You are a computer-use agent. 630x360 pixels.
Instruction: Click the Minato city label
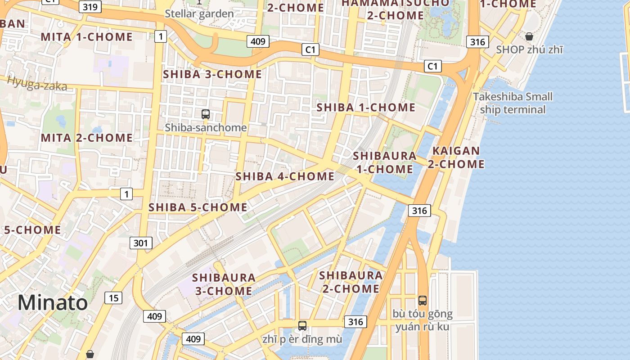tap(53, 303)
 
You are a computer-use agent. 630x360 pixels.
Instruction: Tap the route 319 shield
tap(90, 7)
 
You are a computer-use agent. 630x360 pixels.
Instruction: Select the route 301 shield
tap(141, 243)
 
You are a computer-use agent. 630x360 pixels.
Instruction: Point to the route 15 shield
tap(113, 297)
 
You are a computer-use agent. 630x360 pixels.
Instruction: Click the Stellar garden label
tap(199, 13)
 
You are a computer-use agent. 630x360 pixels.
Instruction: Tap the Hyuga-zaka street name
tap(37, 84)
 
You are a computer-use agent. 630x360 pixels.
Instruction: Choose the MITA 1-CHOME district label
tap(87, 37)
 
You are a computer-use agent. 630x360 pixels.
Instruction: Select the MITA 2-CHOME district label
tap(87, 138)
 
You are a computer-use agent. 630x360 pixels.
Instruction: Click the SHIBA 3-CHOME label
tap(212, 74)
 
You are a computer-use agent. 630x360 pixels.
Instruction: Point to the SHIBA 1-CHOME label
tap(366, 108)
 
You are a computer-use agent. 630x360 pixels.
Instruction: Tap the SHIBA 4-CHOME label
tap(285, 176)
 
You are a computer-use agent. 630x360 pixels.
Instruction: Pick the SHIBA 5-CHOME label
tap(198, 207)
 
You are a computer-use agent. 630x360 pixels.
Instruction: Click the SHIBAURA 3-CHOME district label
tap(224, 284)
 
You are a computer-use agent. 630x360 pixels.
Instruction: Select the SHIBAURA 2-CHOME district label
tap(351, 282)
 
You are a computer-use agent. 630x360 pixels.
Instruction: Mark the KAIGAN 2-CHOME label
tap(456, 157)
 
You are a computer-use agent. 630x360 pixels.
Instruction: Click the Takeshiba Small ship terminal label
tap(513, 103)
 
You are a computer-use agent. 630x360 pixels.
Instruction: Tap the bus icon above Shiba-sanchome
tap(206, 114)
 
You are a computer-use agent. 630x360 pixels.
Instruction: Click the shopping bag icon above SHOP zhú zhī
tap(529, 36)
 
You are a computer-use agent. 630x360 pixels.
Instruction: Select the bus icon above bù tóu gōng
tap(422, 301)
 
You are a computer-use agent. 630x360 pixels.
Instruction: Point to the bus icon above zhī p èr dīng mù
tap(302, 326)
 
